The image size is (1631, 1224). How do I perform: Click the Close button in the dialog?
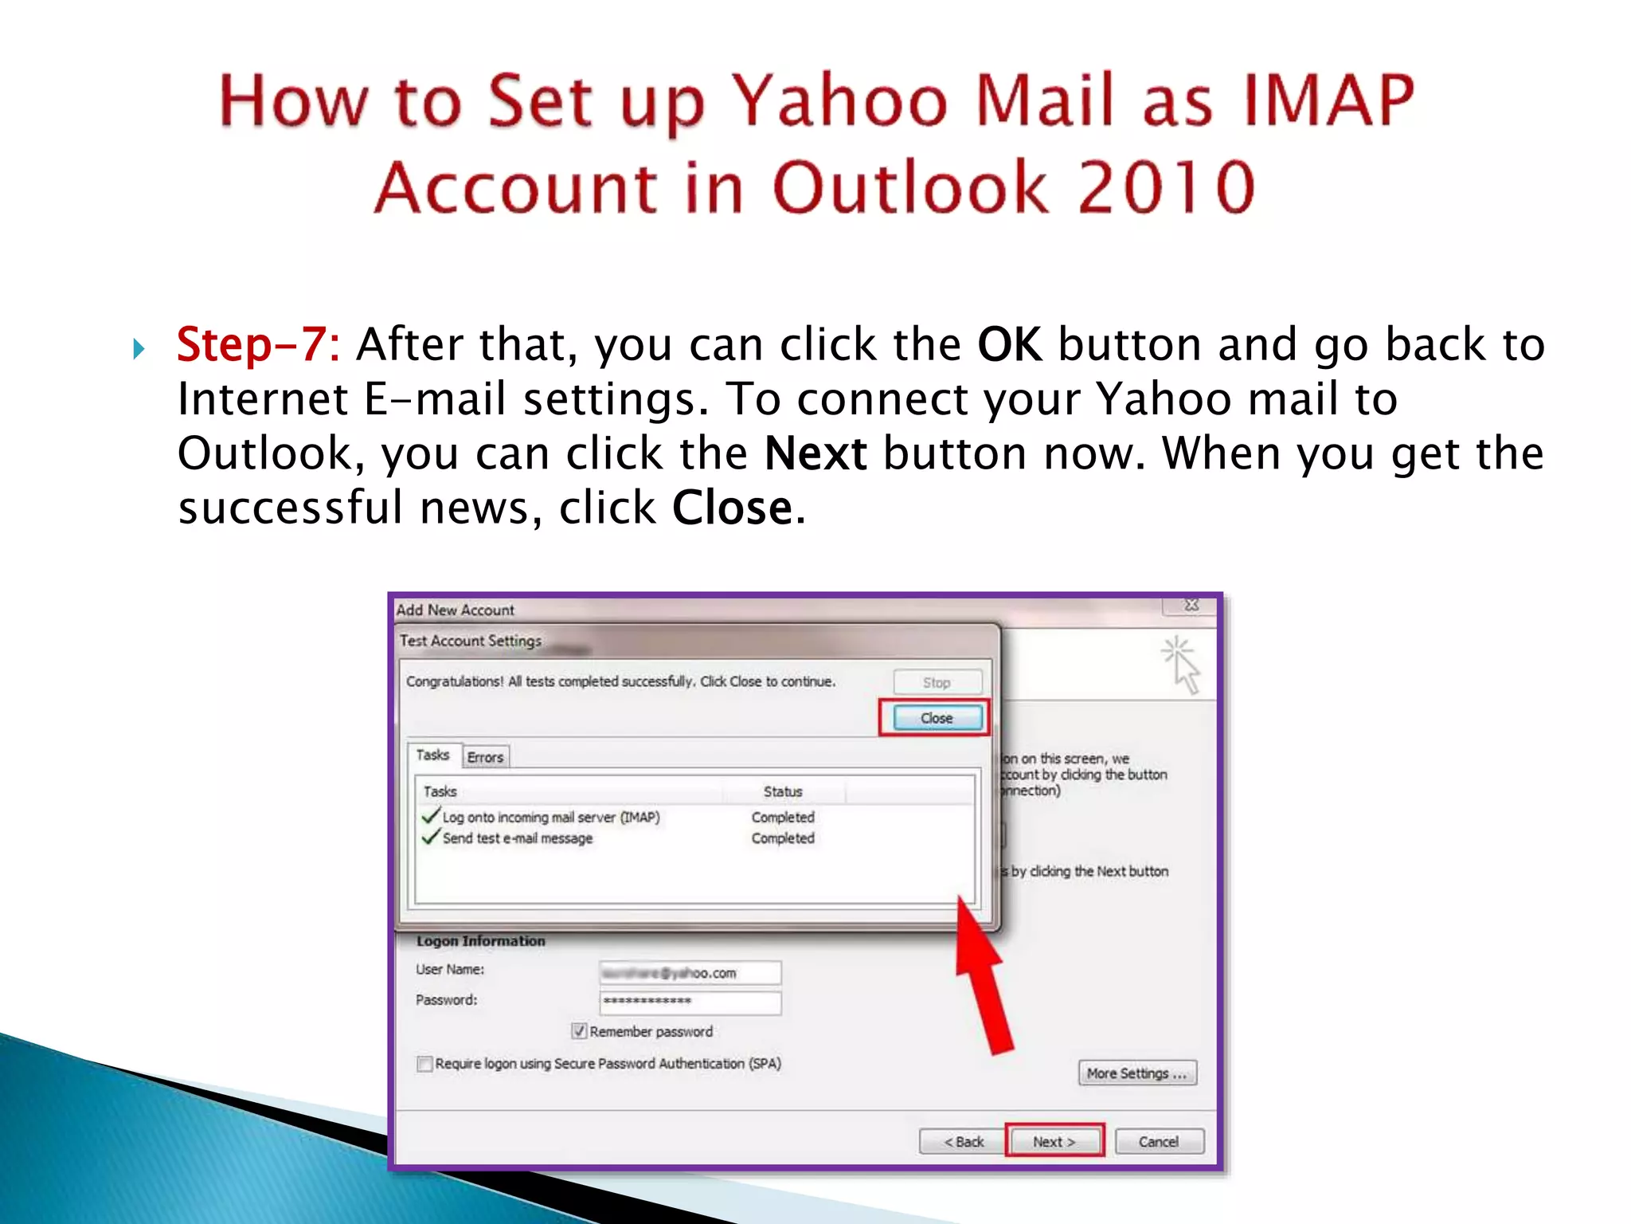coord(936,718)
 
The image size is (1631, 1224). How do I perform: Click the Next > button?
coord(1054,1141)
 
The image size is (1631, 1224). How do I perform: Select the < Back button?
coord(963,1141)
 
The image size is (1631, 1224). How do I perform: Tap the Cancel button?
coord(1158,1141)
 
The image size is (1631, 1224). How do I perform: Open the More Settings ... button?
coord(1136,1073)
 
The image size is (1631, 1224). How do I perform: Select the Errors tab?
coord(485,757)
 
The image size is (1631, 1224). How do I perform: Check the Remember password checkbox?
coord(580,1031)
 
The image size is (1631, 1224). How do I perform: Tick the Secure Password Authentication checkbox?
coord(425,1064)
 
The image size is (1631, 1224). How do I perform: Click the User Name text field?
coord(690,972)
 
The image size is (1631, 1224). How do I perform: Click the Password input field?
coord(690,1002)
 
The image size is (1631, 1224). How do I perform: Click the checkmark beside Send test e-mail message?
coord(431,838)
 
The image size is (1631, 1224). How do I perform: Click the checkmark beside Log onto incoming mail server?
coord(431,816)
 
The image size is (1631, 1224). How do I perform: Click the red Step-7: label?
coord(258,345)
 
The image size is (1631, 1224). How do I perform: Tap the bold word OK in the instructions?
coord(1008,345)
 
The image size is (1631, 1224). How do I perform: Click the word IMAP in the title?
coord(1329,101)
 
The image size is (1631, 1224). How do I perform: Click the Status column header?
coord(783,791)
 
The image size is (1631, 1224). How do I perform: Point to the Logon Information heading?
coord(480,941)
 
